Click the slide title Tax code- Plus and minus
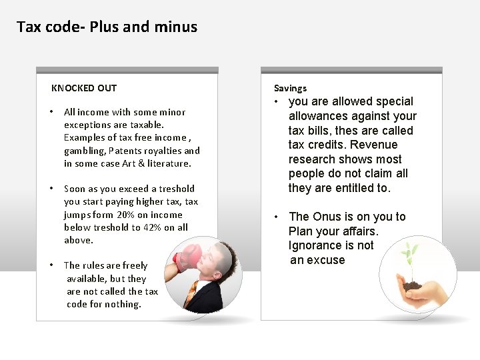(107, 27)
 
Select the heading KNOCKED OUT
(84, 88)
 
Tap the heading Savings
(290, 88)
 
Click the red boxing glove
(189, 257)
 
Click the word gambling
(85, 151)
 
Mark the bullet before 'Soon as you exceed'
(52, 189)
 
